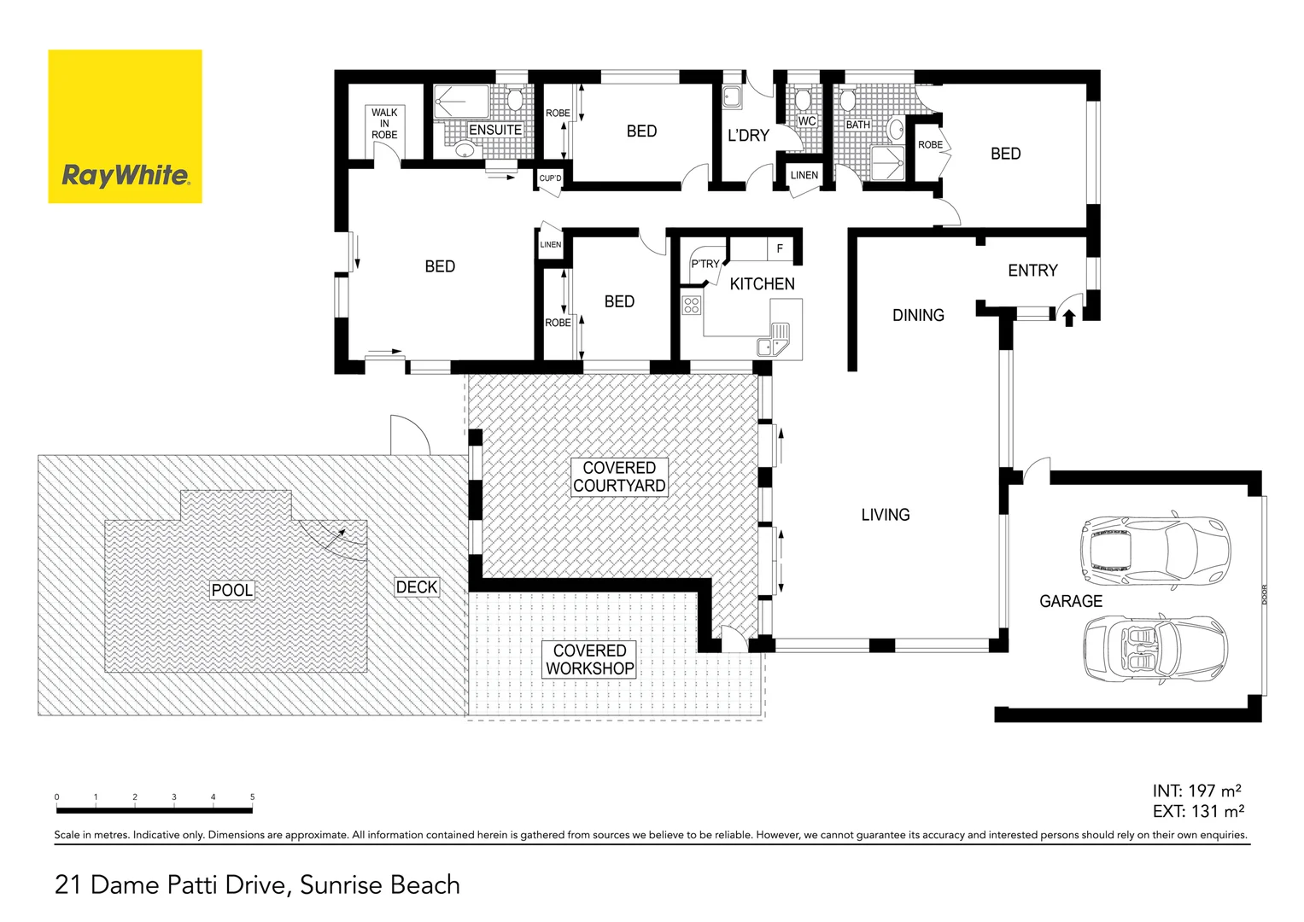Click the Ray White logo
click(x=125, y=126)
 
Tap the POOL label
click(x=231, y=590)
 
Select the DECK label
click(x=417, y=587)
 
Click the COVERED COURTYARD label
click(x=619, y=477)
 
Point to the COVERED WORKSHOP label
click(x=590, y=660)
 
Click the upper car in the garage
click(x=1155, y=548)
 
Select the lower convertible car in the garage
click(x=1155, y=648)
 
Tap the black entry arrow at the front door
click(x=1068, y=318)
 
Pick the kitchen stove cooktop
click(x=692, y=305)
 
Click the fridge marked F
click(x=780, y=249)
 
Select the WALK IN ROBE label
click(x=384, y=124)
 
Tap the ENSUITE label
click(x=495, y=130)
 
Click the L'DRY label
click(x=748, y=136)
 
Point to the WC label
click(x=807, y=121)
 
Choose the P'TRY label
click(x=705, y=264)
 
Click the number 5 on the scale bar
click(x=252, y=797)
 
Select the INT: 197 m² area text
click(x=1196, y=791)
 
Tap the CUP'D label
click(x=550, y=178)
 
